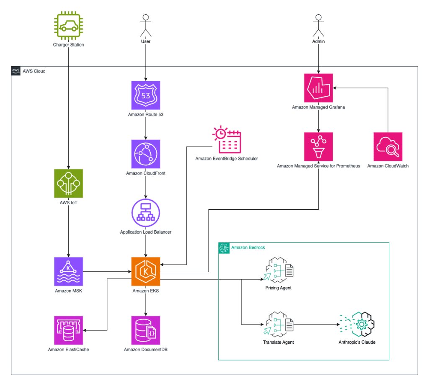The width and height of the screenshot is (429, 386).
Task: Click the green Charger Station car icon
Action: [68, 26]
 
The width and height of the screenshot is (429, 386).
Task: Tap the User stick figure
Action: [145, 26]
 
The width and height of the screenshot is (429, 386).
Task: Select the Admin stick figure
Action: [318, 26]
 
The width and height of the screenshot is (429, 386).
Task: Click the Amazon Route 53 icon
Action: [145, 95]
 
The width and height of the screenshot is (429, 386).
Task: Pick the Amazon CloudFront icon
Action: [145, 154]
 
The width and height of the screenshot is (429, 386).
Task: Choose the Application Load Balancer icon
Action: [145, 213]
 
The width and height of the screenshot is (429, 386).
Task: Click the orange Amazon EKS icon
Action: [145, 271]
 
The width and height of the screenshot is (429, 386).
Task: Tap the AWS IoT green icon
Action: [68, 183]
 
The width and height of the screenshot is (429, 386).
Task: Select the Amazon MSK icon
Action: [68, 271]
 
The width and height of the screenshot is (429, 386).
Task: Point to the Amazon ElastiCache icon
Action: [68, 330]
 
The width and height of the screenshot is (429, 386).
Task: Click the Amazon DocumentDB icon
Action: [145, 330]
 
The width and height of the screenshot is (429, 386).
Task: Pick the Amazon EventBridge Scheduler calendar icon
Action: [226, 140]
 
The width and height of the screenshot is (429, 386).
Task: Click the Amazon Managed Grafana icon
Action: [318, 88]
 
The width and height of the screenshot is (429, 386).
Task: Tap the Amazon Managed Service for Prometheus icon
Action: [318, 147]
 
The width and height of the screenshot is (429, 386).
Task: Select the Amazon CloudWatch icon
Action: [388, 147]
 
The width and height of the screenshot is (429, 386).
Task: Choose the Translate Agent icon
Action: [278, 324]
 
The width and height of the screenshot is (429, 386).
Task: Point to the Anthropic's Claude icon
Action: [357, 324]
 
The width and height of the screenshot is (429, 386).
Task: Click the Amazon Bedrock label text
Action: [248, 247]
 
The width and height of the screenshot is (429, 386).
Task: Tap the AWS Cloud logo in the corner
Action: [16, 71]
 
